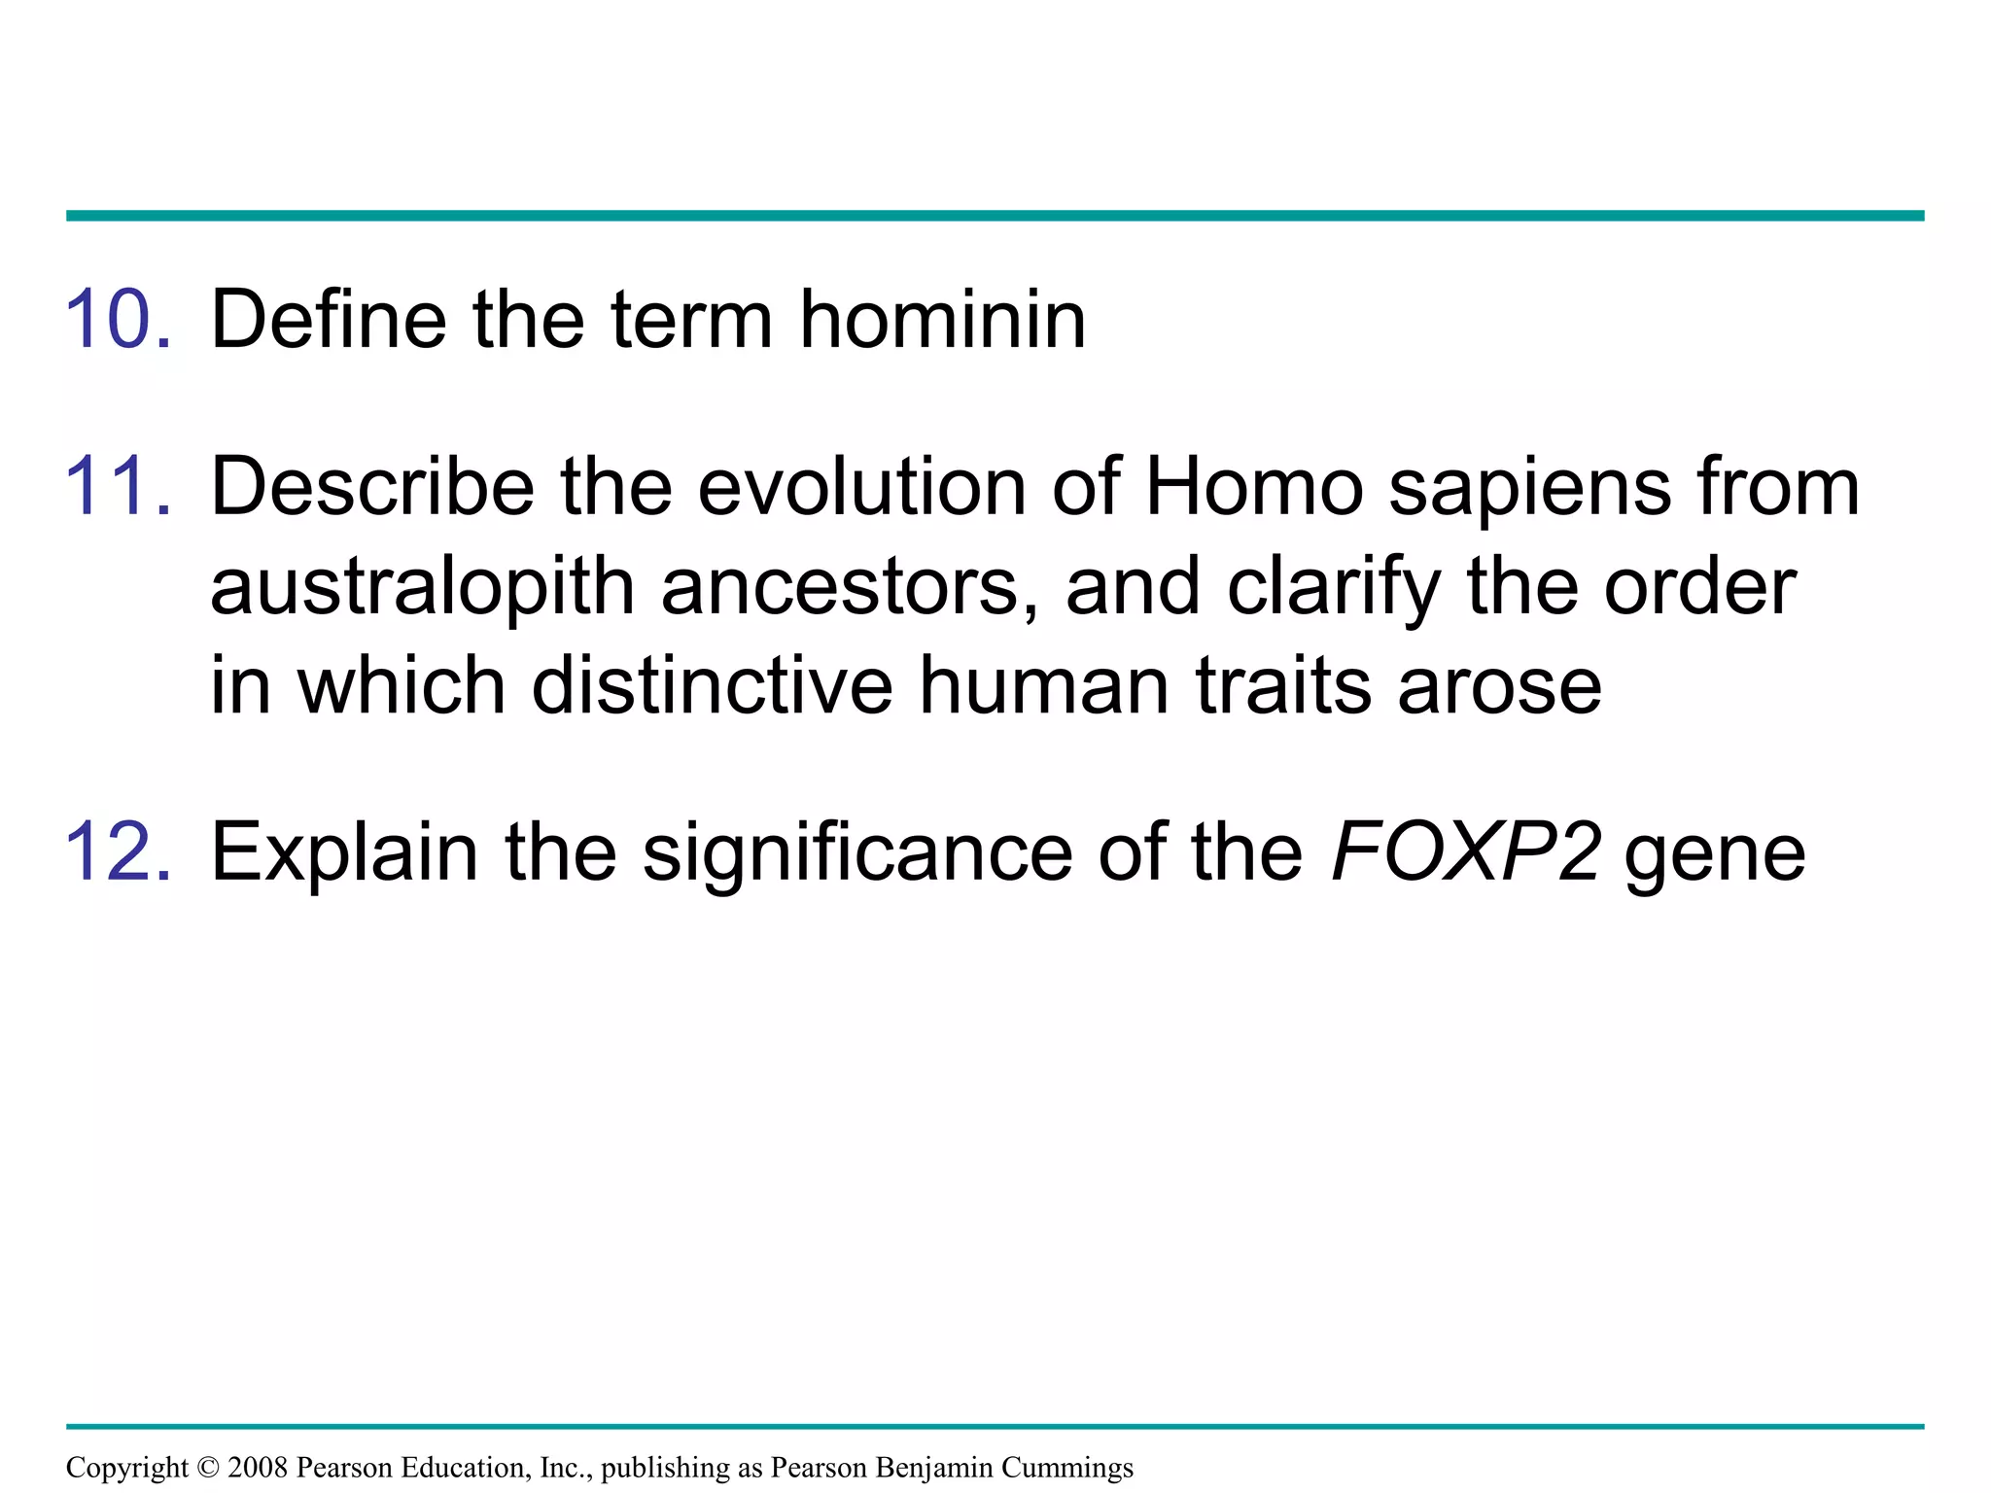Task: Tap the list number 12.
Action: [119, 851]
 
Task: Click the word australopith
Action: [423, 588]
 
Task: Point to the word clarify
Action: [1334, 588]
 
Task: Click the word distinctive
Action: [713, 685]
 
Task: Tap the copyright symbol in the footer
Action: [208, 1467]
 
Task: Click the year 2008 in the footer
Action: [258, 1467]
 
